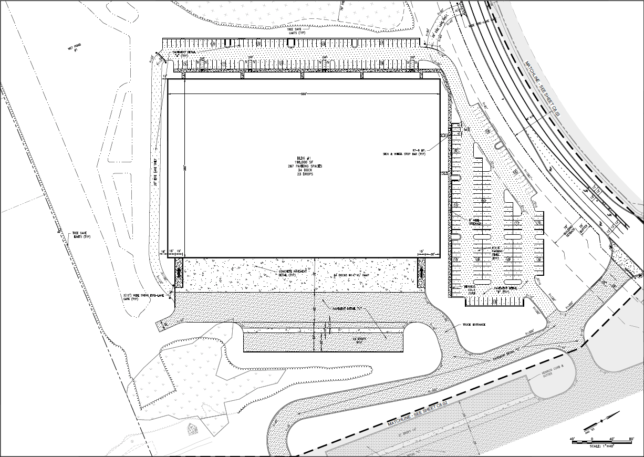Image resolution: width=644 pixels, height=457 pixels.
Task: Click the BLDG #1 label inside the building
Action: (304, 158)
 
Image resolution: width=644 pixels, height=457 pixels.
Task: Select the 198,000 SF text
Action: (304, 162)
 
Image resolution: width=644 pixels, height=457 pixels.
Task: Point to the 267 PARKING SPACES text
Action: (304, 167)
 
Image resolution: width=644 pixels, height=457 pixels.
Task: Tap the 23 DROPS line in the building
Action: (304, 175)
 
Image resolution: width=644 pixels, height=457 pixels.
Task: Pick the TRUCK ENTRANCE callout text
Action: (474, 325)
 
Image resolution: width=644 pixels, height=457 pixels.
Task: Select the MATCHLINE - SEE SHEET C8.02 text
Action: (418, 413)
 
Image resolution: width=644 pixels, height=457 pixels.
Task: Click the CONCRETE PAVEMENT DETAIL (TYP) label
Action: (287, 272)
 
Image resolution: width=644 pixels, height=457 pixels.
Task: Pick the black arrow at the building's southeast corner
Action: (421, 272)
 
